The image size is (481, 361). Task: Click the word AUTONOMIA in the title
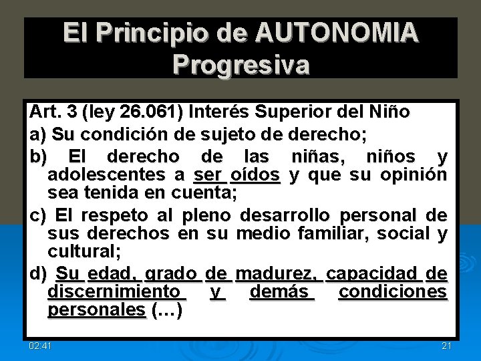[337, 33]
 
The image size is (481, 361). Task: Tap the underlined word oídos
[255, 175]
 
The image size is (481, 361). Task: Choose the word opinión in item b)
[414, 175]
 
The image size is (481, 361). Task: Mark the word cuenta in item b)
[203, 193]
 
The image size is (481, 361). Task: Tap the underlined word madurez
[279, 273]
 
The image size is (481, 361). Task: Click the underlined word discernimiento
[114, 292]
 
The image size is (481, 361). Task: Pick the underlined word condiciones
[393, 292]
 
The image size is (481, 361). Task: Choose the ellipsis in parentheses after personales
[167, 310]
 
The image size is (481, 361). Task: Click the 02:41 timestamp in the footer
[41, 345]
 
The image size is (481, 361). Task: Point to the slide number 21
[447, 345]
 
